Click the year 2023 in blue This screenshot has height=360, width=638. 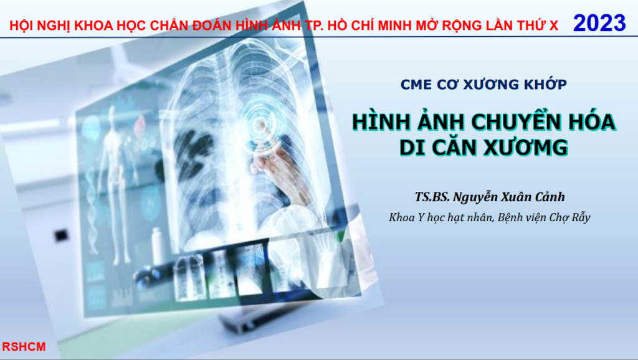(x=599, y=23)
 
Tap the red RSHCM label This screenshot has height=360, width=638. (x=24, y=346)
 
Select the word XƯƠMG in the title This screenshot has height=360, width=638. (x=526, y=147)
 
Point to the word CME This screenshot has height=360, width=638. (x=416, y=85)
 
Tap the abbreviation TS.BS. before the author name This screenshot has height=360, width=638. (x=432, y=197)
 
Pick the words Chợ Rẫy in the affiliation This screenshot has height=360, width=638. (x=569, y=217)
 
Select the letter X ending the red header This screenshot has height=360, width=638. (x=553, y=26)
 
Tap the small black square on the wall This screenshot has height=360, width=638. (x=61, y=235)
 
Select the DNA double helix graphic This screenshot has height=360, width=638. (x=93, y=204)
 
